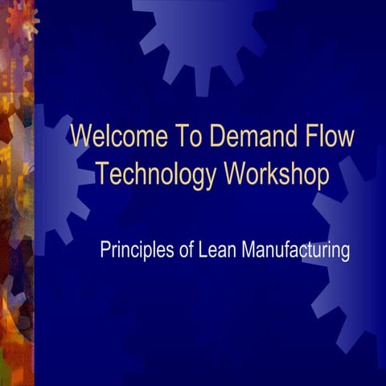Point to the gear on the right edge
[x=354, y=257]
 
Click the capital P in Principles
[x=105, y=250]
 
